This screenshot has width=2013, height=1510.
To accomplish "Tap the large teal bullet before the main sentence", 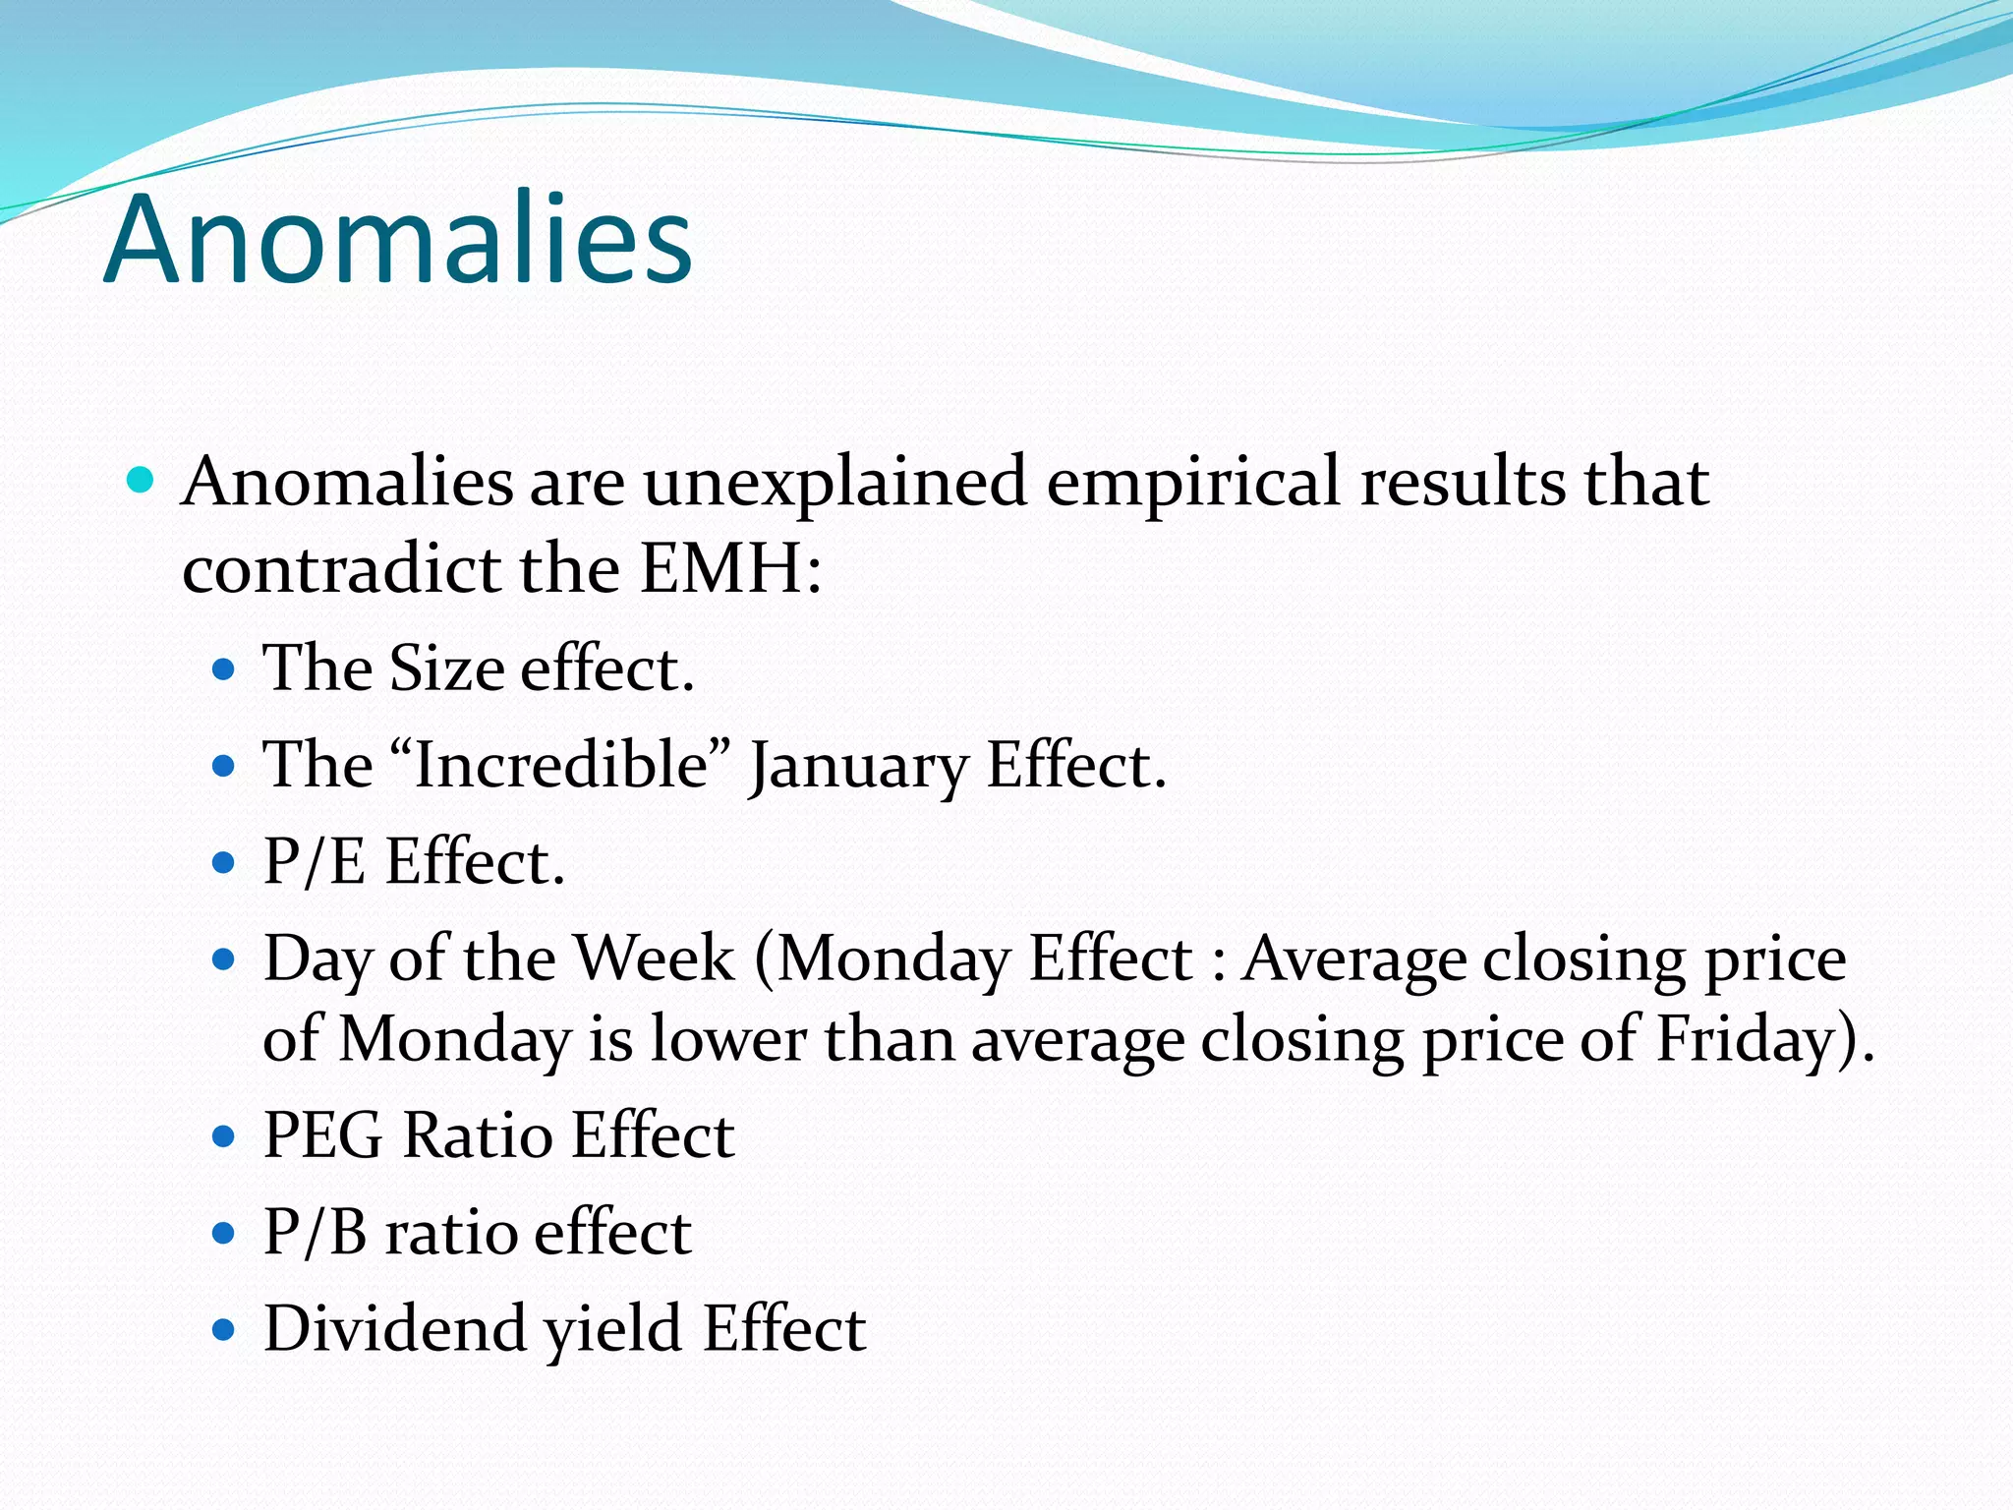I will (x=142, y=481).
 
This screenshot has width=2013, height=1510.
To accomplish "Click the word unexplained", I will (x=834, y=484).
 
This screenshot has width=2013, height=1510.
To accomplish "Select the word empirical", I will (x=1192, y=484).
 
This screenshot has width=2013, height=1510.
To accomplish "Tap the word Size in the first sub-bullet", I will (x=447, y=669).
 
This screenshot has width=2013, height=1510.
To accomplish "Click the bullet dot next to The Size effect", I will (x=225, y=670).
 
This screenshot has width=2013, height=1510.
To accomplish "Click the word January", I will (x=858, y=767).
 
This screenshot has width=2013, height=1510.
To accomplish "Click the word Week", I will (x=654, y=958).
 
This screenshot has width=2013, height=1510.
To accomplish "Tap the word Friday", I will (x=1745, y=1040).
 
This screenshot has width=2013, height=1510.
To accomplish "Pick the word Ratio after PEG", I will (x=478, y=1136).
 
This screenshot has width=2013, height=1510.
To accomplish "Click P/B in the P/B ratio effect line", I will (x=316, y=1232).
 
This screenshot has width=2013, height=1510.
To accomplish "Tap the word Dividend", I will (x=395, y=1328).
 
